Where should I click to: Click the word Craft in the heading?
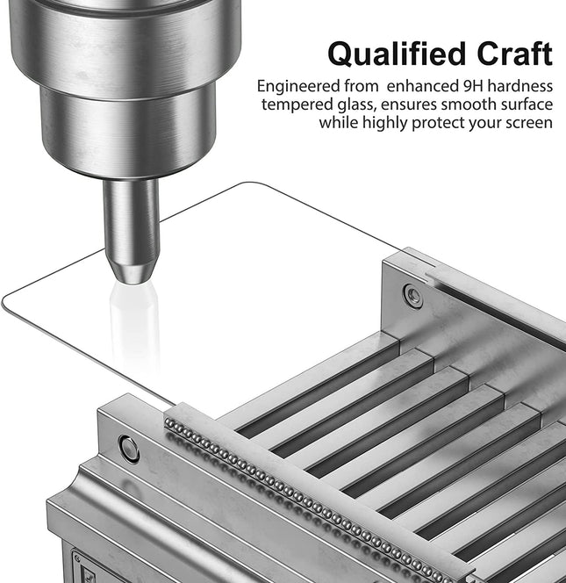click(515, 54)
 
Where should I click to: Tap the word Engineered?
click(298, 87)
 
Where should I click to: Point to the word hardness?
click(520, 86)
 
